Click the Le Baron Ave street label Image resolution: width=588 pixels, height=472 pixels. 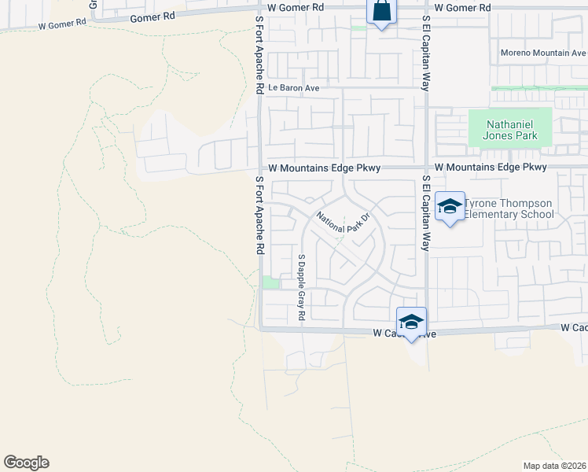pos(293,88)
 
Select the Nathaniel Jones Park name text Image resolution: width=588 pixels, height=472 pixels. pos(512,130)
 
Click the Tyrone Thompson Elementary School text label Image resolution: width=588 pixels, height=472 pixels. pos(508,208)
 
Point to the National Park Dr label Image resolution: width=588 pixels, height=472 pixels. pos(343,222)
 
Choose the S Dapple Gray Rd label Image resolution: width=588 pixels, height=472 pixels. pos(301,286)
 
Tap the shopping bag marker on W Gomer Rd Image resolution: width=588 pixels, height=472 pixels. pos(381,12)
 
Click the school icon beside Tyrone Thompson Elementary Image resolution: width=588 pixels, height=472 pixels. pos(450,206)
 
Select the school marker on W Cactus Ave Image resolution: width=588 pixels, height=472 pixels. pos(411,322)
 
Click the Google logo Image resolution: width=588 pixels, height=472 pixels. pos(26,463)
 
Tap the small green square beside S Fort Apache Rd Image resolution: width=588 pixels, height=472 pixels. pos(270,282)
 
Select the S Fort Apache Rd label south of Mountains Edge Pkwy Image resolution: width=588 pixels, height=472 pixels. pos(259,214)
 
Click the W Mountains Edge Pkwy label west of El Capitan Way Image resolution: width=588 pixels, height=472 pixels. pos(324,168)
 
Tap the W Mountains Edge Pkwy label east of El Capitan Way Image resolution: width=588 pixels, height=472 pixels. pos(491,168)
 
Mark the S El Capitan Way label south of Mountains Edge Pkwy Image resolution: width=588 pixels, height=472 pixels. pos(425,213)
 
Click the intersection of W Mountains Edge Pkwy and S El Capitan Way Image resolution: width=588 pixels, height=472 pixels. pos(425,168)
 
